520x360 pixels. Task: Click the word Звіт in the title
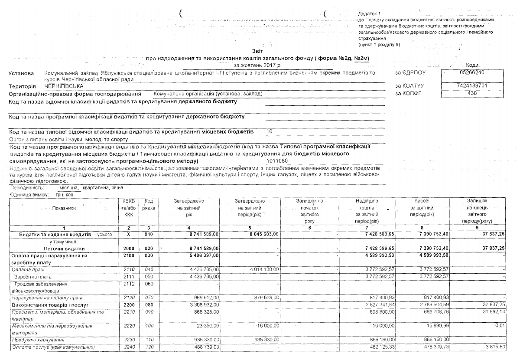[x=257, y=51]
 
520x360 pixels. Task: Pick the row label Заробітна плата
[x=33, y=276]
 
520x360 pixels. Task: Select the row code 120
[x=149, y=347]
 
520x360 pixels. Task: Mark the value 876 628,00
[x=263, y=298]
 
